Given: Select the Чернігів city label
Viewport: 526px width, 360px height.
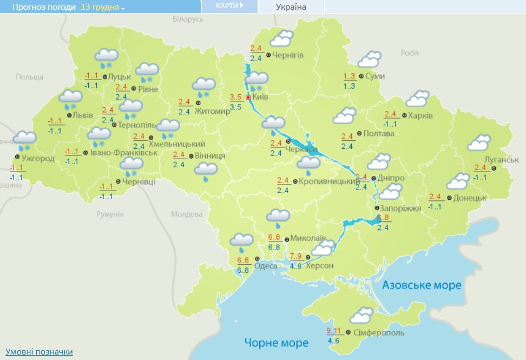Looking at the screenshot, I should pyautogui.click(x=288, y=55).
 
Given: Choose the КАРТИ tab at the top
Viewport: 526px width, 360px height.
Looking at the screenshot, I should pyautogui.click(x=228, y=6).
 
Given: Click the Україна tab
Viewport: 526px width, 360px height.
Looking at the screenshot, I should pyautogui.click(x=291, y=7).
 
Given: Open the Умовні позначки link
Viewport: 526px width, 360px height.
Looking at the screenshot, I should pyautogui.click(x=39, y=352).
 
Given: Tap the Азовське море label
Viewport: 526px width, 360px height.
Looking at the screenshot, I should pyautogui.click(x=422, y=285).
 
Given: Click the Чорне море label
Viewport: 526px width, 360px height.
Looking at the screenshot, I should pyautogui.click(x=276, y=342).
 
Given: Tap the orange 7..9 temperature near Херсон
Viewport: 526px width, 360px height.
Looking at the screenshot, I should pyautogui.click(x=296, y=256).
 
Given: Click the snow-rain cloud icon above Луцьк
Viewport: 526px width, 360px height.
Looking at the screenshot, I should pyautogui.click(x=107, y=57).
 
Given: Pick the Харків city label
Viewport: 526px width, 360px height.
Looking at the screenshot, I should pyautogui.click(x=420, y=115).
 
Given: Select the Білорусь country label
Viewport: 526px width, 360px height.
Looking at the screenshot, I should pyautogui.click(x=188, y=19).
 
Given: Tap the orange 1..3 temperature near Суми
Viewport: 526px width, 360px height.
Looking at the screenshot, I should pyautogui.click(x=349, y=76).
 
